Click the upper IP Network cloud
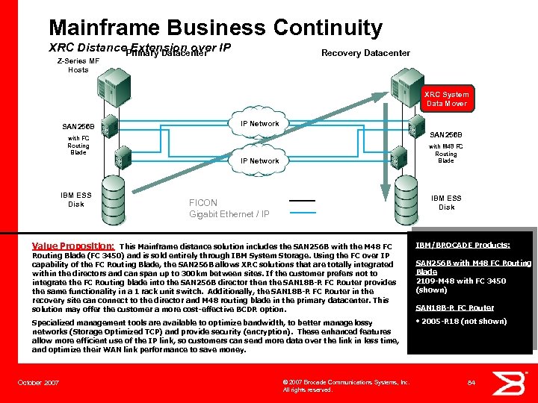coord(259,125)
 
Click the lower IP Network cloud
coord(259,161)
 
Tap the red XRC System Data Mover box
coord(446,99)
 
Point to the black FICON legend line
coord(303,201)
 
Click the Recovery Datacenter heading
coord(365,52)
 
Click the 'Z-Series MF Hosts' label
coord(78,65)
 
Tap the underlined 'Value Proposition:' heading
coord(73,245)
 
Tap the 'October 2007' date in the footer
coord(38,382)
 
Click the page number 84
coord(471,383)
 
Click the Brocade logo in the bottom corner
coord(513,381)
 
